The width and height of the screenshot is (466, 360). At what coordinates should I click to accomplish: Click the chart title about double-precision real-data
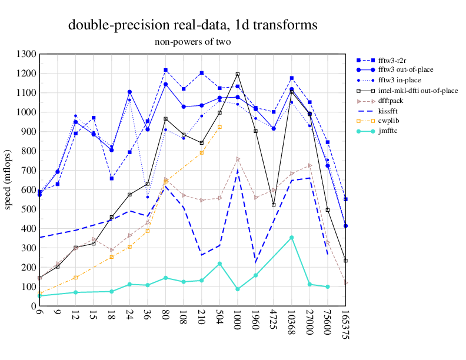click(193, 25)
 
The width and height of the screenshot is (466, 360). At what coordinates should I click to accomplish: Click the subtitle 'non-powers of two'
click(193, 42)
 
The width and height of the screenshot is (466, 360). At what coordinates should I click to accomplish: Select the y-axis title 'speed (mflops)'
click(8, 179)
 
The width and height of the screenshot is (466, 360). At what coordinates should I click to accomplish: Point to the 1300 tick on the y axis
click(27, 54)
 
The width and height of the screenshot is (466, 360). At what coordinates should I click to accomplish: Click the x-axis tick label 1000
click(238, 319)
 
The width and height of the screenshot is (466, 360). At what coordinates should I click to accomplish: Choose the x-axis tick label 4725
click(274, 319)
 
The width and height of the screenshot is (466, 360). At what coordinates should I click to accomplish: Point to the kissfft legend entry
click(391, 110)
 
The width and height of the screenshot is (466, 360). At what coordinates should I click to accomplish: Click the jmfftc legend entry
click(390, 130)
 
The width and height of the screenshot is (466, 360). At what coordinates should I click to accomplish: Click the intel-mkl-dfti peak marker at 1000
click(238, 74)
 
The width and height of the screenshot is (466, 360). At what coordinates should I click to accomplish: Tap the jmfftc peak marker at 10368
click(291, 238)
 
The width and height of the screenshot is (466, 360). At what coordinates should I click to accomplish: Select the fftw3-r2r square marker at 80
click(166, 70)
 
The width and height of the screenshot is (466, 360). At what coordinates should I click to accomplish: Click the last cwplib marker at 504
click(219, 127)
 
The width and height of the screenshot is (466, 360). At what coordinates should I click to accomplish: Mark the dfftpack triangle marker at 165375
click(345, 283)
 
